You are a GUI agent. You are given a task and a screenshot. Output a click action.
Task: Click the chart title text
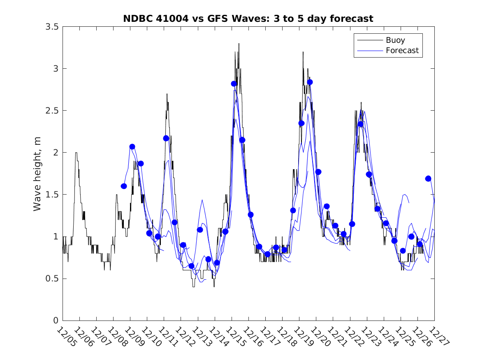pos(248,19)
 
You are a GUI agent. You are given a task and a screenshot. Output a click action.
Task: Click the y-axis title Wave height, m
pos(37,174)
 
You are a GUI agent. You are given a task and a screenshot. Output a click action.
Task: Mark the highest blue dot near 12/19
pos(310,82)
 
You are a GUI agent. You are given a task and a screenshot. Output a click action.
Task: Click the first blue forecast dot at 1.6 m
pos(124,186)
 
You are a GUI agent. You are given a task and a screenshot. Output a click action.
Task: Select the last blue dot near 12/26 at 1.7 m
pos(428,179)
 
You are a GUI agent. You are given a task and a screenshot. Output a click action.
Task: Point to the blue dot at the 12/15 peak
pos(234,84)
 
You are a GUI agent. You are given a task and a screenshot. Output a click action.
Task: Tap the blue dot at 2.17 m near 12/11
pos(166,138)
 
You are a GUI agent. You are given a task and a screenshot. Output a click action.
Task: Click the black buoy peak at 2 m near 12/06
pos(76,153)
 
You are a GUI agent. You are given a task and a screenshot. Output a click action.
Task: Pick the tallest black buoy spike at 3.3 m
pos(239,44)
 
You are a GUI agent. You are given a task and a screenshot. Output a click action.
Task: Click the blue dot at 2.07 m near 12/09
pos(132,146)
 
